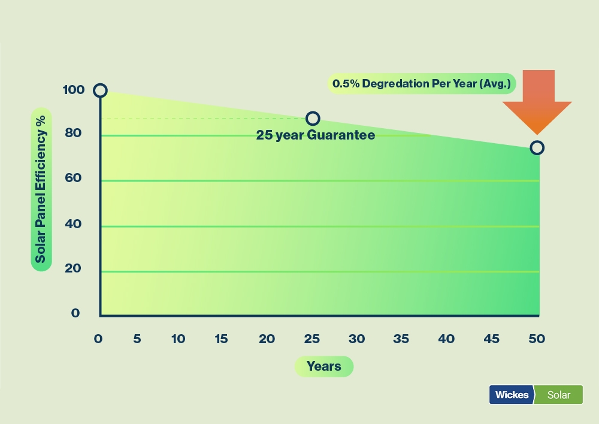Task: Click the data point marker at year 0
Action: (x=100, y=84)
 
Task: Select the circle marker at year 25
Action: (x=313, y=112)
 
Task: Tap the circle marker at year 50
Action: (x=537, y=141)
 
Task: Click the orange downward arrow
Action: (x=537, y=102)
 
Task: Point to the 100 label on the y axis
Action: (x=73, y=90)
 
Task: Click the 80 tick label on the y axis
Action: (x=73, y=133)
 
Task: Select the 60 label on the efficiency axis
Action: (x=73, y=178)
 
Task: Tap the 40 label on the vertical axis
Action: (x=73, y=224)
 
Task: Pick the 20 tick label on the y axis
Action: (x=73, y=268)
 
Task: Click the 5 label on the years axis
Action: (x=137, y=339)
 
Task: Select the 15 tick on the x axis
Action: (x=221, y=339)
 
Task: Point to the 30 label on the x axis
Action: (x=356, y=339)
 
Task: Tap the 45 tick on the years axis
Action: (x=492, y=339)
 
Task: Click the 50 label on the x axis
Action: (x=537, y=339)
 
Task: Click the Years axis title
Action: (x=324, y=367)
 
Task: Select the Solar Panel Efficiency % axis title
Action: (x=41, y=189)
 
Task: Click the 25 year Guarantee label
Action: (x=316, y=135)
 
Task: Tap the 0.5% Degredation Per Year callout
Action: (x=422, y=84)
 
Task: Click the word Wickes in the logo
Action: (x=512, y=395)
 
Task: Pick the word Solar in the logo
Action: (x=558, y=395)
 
